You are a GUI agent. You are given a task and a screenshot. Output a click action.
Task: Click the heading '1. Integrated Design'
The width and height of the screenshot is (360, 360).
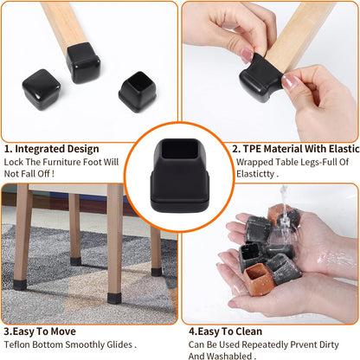(x=53, y=149)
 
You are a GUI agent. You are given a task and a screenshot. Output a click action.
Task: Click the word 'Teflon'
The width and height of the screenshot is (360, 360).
(x=18, y=344)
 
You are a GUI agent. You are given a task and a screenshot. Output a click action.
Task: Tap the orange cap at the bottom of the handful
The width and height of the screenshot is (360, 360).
(x=260, y=278)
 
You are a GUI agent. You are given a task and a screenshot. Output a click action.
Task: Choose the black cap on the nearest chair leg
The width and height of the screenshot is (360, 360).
(x=113, y=299)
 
